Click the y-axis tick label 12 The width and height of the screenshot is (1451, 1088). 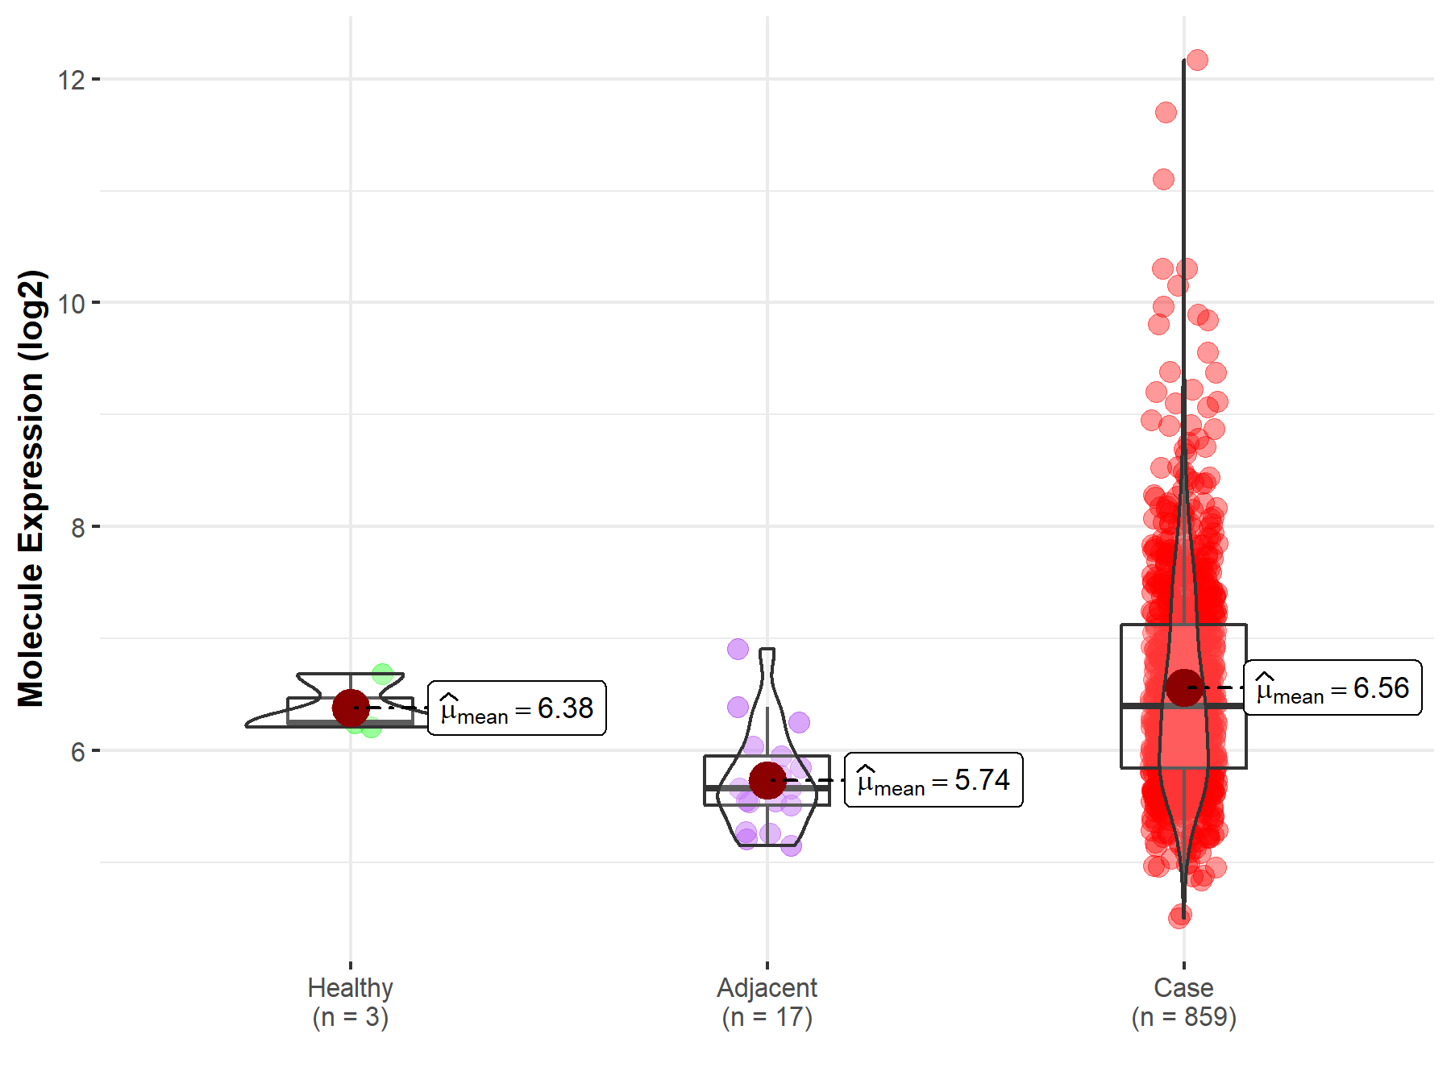pyautogui.click(x=71, y=80)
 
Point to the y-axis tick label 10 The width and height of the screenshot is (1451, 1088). pyautogui.click(x=71, y=304)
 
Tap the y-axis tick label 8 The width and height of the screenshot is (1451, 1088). pyautogui.click(x=77, y=528)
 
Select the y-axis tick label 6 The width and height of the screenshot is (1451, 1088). pyautogui.click(x=77, y=752)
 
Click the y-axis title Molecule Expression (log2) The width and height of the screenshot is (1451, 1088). pyautogui.click(x=31, y=488)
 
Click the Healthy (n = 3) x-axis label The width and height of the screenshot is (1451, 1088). pyautogui.click(x=351, y=1002)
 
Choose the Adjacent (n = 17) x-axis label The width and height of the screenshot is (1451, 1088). pyautogui.click(x=767, y=1002)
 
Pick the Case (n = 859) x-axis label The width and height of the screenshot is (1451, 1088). pyautogui.click(x=1183, y=1002)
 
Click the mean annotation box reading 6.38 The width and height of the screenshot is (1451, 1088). pyautogui.click(x=517, y=708)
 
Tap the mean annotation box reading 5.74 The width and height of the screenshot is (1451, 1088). pyautogui.click(x=933, y=780)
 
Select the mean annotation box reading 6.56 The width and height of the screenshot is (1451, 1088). pyautogui.click(x=1333, y=688)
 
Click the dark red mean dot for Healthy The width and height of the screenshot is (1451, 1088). pyautogui.click(x=351, y=708)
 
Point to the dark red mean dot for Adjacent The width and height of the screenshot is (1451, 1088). pyautogui.click(x=767, y=780)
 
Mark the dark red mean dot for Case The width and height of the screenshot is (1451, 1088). pyautogui.click(x=1184, y=687)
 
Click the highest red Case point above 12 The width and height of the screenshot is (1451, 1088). pyautogui.click(x=1197, y=60)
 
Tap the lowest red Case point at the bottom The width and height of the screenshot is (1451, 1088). pyautogui.click(x=1179, y=917)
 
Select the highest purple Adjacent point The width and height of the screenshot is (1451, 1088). pyautogui.click(x=738, y=649)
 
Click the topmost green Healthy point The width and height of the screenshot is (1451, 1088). pyautogui.click(x=382, y=674)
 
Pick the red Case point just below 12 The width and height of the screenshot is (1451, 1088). pyautogui.click(x=1166, y=112)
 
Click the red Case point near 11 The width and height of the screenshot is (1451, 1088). pyautogui.click(x=1163, y=179)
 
